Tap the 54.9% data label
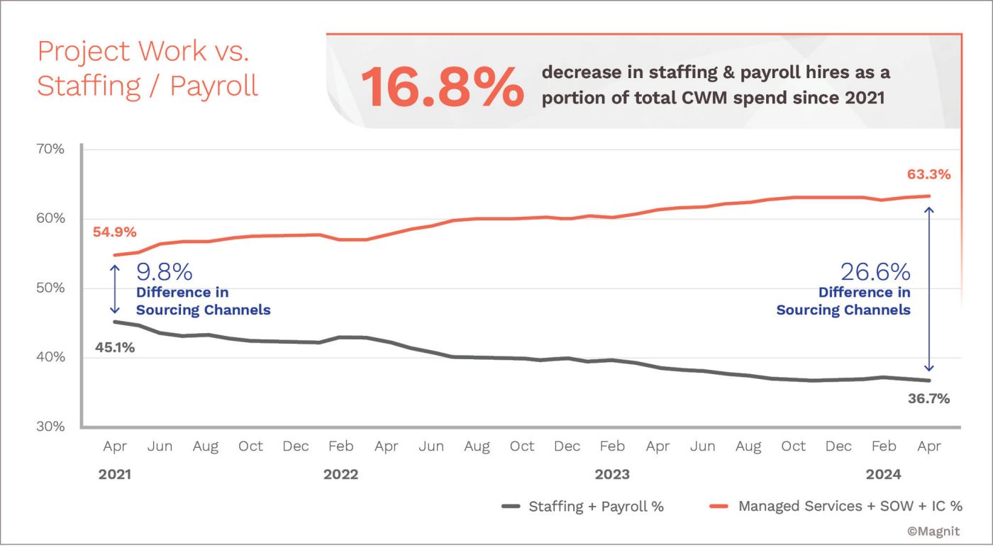click(114, 232)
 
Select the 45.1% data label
click(115, 347)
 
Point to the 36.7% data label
click(928, 399)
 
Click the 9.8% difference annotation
click(164, 272)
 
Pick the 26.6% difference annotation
click(875, 272)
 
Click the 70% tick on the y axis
click(50, 150)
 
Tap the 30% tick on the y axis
click(50, 427)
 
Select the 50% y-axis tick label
click(50, 288)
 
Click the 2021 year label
click(114, 475)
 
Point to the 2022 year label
click(340, 475)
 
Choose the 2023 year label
click(611, 475)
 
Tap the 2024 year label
click(883, 475)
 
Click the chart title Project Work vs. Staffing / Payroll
click(148, 69)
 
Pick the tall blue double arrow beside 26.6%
click(929, 289)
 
